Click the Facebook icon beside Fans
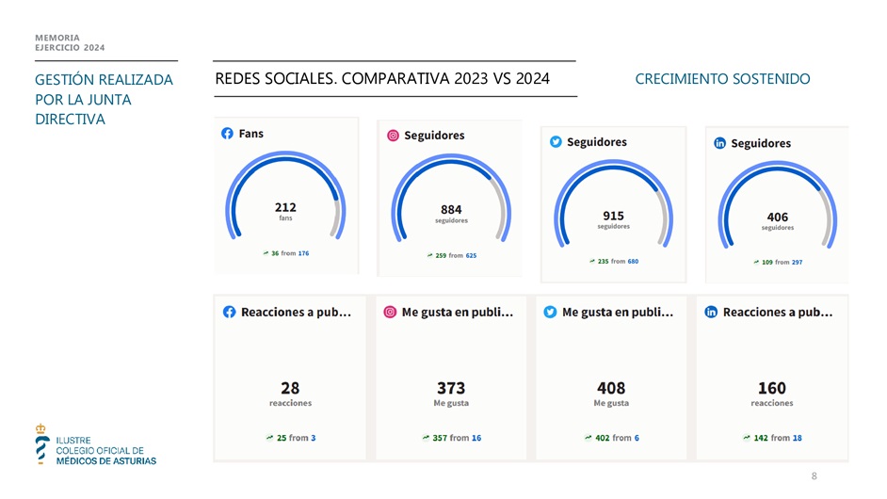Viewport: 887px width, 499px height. click(227, 134)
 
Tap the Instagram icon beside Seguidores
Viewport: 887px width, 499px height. click(393, 136)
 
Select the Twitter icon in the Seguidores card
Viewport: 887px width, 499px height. click(556, 142)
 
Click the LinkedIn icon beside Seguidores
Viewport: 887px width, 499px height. click(719, 143)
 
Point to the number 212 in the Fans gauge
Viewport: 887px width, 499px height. click(285, 206)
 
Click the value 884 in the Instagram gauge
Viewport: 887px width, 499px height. click(451, 209)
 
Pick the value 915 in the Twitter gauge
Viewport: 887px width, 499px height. click(613, 215)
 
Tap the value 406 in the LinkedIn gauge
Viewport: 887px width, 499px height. click(778, 216)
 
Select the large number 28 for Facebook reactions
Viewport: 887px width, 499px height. click(290, 388)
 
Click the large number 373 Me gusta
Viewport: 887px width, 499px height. click(451, 388)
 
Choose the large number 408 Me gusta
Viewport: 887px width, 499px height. click(611, 388)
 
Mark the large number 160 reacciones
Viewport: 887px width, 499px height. click(771, 388)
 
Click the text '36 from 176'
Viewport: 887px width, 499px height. click(289, 253)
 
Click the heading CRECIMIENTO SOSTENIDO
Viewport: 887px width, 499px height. click(722, 79)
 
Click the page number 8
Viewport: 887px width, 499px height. click(814, 476)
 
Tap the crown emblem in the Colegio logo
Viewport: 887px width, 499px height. click(40, 429)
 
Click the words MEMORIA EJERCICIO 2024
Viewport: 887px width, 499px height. click(70, 42)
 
